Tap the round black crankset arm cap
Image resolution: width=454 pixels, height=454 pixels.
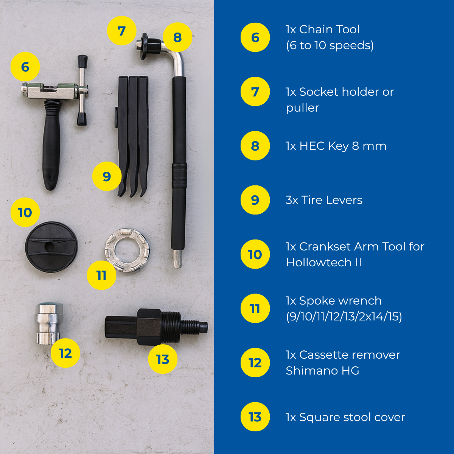(51, 247)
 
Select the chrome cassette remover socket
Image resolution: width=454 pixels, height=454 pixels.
(49, 323)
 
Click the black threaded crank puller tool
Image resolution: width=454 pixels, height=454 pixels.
(156, 327)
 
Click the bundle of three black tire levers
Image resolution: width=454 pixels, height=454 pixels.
(133, 136)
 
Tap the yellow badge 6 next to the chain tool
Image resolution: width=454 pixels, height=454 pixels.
(25, 67)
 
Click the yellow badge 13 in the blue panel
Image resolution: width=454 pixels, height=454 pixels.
(255, 417)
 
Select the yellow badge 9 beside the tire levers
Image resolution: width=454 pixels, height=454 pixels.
(107, 176)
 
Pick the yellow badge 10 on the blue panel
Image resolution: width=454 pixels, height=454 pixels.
(255, 254)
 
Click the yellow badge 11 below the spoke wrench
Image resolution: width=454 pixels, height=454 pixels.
(101, 275)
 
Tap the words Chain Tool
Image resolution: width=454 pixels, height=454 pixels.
(329, 30)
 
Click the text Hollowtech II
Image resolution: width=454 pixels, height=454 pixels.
(324, 263)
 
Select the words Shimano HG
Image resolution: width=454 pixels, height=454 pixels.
(323, 371)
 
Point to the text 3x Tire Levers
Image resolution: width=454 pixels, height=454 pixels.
(324, 200)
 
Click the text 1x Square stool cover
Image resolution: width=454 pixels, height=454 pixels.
(345, 417)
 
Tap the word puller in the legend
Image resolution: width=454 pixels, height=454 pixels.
(303, 108)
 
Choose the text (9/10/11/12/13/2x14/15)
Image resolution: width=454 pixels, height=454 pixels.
(344, 316)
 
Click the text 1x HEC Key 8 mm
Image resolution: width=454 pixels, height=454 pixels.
(336, 146)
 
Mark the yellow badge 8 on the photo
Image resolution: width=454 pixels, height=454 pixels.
(177, 37)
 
